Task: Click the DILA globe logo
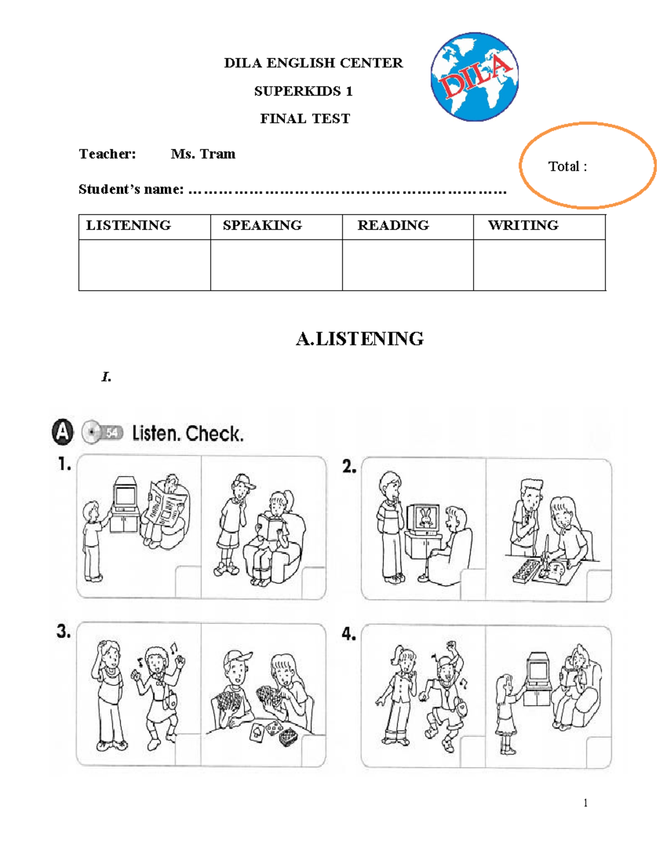474,77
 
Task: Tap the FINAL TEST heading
305,118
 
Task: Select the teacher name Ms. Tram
203,154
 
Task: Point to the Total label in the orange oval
567,166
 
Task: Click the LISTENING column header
128,226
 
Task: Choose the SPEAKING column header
262,226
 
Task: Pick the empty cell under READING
407,265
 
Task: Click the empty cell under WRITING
539,265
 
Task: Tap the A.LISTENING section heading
360,338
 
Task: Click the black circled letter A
63,432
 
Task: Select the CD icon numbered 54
102,432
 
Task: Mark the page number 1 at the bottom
585,802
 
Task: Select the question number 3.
63,631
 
